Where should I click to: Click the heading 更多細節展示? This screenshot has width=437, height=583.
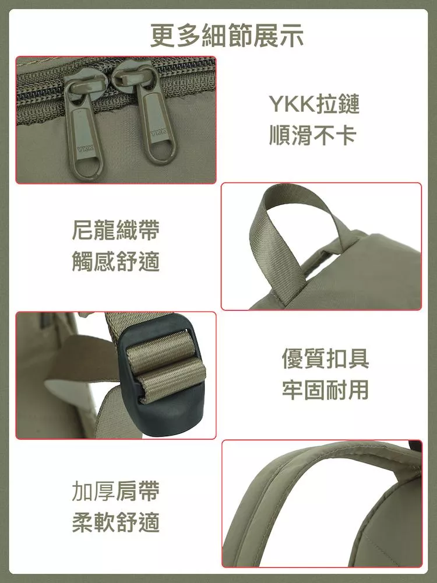coord(227,36)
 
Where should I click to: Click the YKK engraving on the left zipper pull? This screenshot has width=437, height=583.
coord(85,149)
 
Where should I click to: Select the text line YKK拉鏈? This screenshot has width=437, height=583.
coord(315,104)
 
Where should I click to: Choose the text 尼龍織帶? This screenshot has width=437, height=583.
coord(115,230)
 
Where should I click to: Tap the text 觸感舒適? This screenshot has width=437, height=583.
coord(115,261)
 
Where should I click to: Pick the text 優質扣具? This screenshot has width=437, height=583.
coord(325,358)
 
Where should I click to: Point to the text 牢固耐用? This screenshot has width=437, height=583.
coord(325,389)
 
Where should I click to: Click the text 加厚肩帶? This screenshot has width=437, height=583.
coord(115,491)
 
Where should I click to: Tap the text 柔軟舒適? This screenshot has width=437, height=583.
coord(115,522)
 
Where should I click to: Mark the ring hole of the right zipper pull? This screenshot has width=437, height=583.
coord(160,152)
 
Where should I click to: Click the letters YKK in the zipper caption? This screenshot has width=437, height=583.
coord(292,104)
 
